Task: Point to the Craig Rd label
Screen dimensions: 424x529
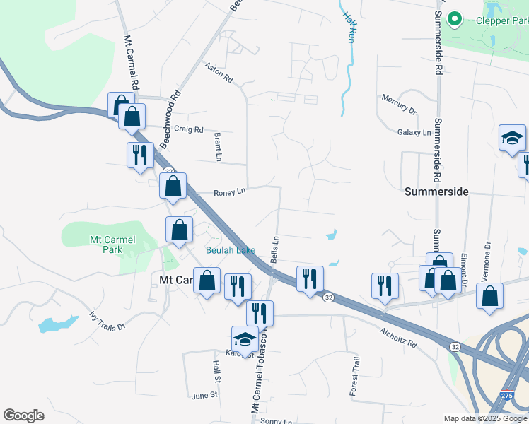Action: tap(189, 130)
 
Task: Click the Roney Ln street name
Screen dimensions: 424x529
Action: tap(229, 192)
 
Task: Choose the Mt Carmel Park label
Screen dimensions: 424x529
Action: tap(112, 245)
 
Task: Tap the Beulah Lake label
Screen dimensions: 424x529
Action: tap(231, 251)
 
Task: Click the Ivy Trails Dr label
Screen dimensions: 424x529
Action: tap(107, 322)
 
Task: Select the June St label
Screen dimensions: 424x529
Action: tap(204, 396)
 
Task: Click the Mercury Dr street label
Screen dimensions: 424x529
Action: tap(398, 103)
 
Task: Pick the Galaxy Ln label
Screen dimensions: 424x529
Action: tap(414, 132)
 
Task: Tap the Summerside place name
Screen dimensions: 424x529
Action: tap(436, 192)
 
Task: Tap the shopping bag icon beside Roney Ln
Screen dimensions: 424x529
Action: tap(173, 187)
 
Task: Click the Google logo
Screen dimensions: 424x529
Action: tap(23, 416)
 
